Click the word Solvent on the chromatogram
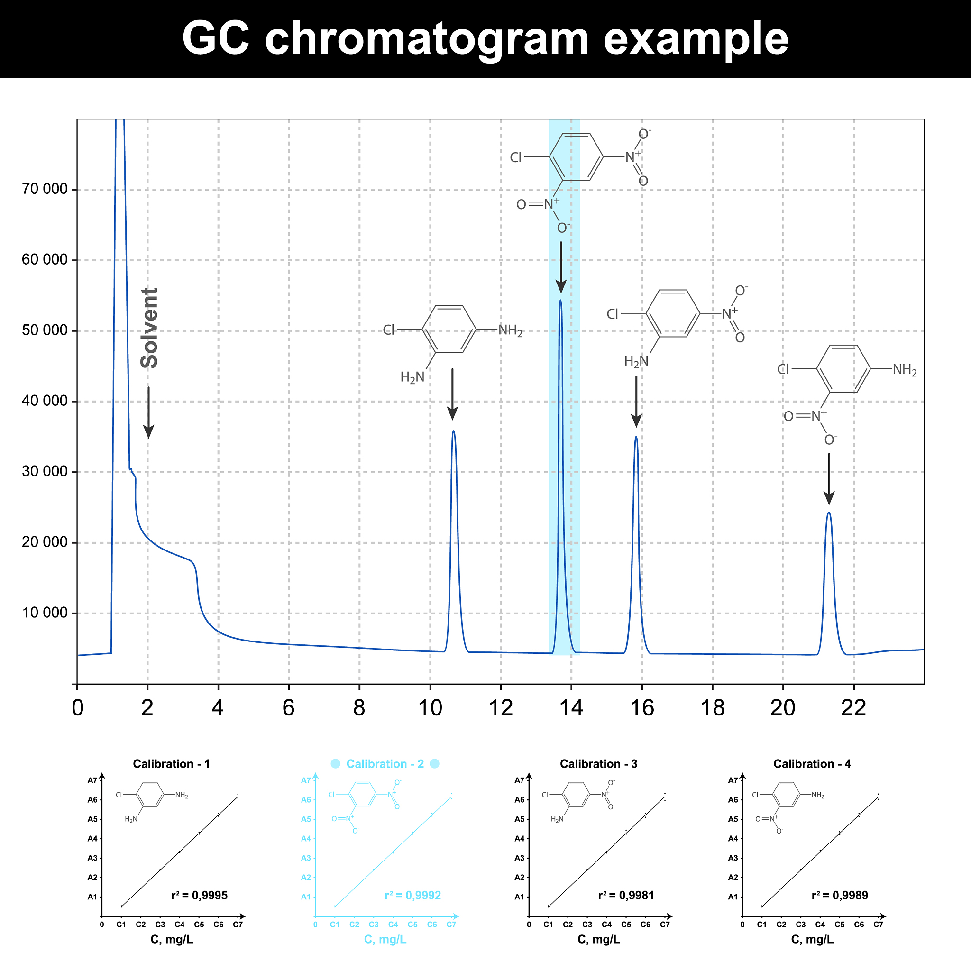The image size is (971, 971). tap(150, 328)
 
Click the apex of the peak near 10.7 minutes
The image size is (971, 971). tap(453, 431)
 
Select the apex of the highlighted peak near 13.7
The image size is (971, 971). tap(560, 301)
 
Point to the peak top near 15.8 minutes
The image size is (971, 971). tap(636, 437)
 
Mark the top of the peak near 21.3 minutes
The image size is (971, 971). tap(829, 513)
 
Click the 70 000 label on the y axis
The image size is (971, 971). tap(45, 190)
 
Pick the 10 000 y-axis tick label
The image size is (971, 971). tap(45, 613)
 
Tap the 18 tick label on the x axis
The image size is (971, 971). tap(712, 708)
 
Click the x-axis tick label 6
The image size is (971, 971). tap(288, 708)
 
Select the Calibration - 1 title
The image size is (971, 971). tap(171, 764)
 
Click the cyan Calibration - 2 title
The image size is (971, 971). tap(385, 764)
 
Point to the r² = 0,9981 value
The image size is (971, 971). tap(626, 895)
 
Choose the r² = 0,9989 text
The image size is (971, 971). tap(839, 895)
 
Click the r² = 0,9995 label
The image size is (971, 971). tap(199, 895)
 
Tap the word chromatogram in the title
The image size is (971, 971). tap(427, 39)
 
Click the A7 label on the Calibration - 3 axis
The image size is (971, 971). tap(519, 780)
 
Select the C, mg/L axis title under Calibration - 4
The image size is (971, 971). tap(812, 939)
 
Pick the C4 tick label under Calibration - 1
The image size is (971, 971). tap(179, 924)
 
